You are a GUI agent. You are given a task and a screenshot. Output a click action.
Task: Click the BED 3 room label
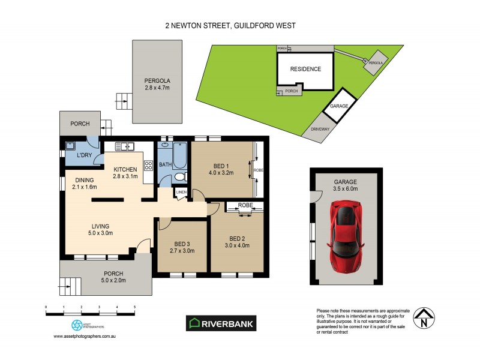181,244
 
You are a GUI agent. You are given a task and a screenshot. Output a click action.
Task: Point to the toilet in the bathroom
179,176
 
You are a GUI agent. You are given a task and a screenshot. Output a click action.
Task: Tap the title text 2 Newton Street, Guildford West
230,26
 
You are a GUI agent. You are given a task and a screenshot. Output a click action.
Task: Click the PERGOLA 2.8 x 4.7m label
157,84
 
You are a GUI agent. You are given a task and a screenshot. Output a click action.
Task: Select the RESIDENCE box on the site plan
305,69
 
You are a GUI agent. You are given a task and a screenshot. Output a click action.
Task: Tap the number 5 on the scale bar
134,307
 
